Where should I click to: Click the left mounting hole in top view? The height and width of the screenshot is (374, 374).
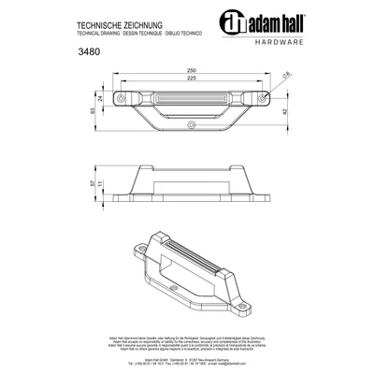(119, 94)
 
